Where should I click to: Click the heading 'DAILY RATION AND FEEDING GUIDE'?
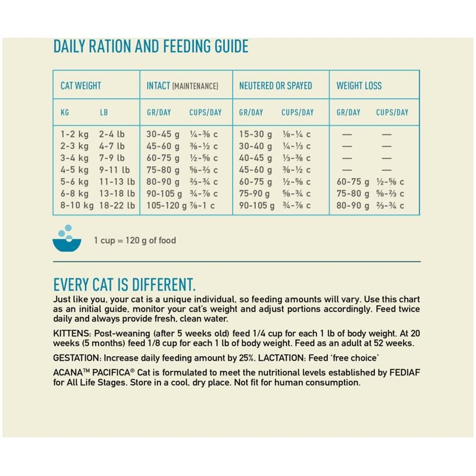pyautogui.click(x=151, y=47)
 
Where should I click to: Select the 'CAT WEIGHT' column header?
pyautogui.click(x=80, y=85)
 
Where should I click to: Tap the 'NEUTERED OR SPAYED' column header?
pyautogui.click(x=276, y=85)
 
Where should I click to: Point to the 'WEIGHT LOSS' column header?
pyautogui.click(x=359, y=85)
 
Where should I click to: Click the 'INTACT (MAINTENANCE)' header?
pyautogui.click(x=182, y=85)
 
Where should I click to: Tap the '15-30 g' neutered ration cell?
pyautogui.click(x=255, y=134)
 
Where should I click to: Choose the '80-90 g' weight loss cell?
pyautogui.click(x=353, y=205)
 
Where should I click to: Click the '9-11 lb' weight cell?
pyautogui.click(x=114, y=170)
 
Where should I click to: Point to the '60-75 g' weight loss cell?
pyautogui.click(x=353, y=182)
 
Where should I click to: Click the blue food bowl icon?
pyautogui.click(x=67, y=239)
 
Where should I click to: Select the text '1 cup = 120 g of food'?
pyautogui.click(x=135, y=240)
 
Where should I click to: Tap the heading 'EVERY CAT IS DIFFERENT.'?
pyautogui.click(x=124, y=285)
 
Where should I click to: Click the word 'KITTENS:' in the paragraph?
pyautogui.click(x=72, y=334)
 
